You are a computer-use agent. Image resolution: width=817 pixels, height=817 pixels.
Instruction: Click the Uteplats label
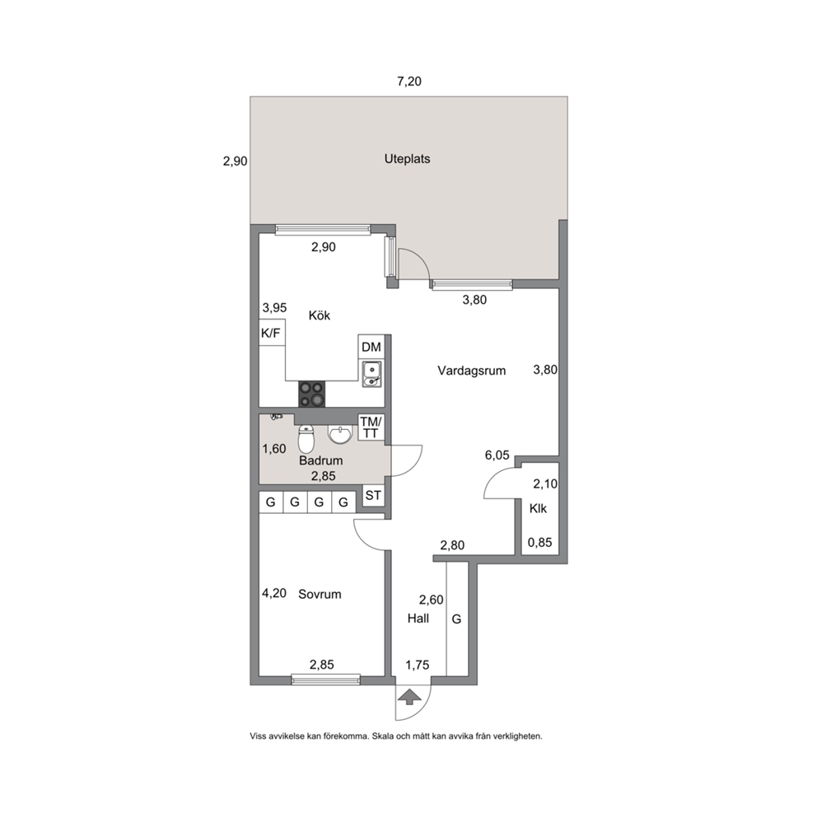(407, 159)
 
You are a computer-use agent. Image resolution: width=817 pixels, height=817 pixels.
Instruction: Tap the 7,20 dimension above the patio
(409, 82)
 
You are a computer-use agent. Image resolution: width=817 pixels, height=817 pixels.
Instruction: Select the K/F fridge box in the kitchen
(272, 332)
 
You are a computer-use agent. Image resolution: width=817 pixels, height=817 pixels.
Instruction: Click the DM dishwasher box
(371, 347)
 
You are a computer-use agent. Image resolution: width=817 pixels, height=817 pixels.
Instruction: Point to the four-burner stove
(311, 394)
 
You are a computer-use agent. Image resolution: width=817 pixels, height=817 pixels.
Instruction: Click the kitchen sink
(371, 374)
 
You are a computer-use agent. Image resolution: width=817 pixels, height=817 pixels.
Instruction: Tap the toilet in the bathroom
(306, 439)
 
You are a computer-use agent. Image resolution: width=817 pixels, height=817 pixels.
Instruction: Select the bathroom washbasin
(340, 434)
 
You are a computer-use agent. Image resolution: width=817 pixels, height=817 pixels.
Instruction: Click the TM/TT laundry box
(371, 427)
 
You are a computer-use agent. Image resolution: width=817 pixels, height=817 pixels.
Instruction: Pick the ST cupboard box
(373, 495)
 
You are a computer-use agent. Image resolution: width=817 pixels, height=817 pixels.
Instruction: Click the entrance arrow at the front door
(410, 697)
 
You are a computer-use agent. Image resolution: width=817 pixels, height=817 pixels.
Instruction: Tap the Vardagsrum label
(472, 371)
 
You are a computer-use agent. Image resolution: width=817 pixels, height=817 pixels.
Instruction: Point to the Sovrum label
(320, 594)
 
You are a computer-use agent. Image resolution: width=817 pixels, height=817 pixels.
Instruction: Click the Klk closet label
(539, 508)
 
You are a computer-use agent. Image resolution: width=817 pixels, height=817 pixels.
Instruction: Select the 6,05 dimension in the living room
(497, 455)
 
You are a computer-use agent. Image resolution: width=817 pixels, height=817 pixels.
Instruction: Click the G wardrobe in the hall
(456, 619)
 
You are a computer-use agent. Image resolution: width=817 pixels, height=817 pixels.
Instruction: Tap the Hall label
(418, 619)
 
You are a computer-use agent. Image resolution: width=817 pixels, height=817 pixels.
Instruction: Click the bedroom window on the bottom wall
(325, 679)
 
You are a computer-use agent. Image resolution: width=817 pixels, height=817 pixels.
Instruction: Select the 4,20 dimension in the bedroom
(274, 593)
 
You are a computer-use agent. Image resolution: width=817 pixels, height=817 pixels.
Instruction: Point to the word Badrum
(321, 460)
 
